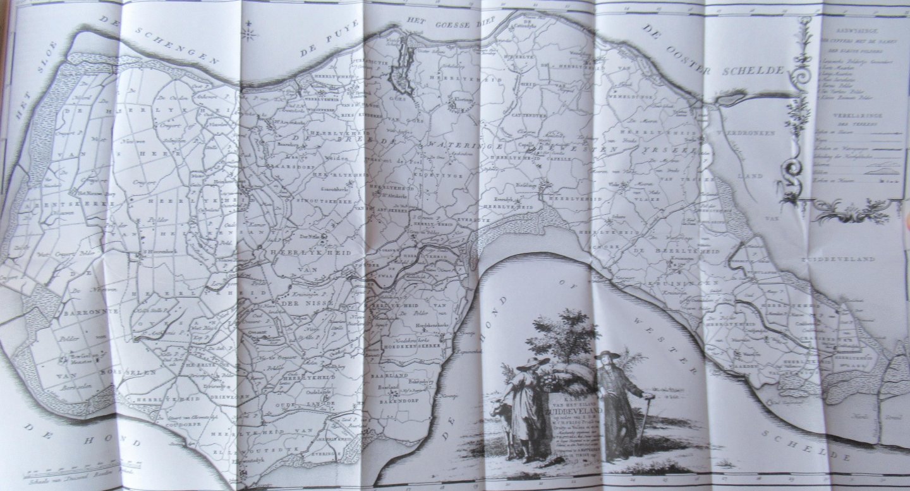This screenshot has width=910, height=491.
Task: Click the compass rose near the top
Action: [x=250, y=28]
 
